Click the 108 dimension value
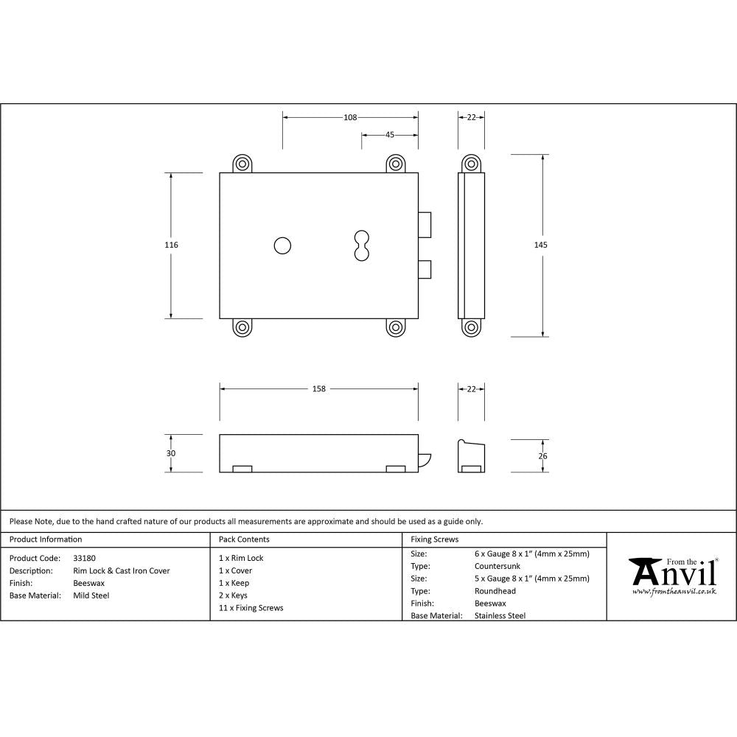350,117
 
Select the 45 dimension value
390,135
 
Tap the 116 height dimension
172,245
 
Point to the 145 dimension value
543,245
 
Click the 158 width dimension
319,388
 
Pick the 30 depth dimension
171,453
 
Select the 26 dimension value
543,456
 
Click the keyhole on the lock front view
361,245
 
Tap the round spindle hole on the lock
282,245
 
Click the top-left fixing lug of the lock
242,164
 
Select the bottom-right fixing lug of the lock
396,327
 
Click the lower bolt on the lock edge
425,270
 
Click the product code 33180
84,558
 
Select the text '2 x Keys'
234,595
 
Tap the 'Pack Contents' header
244,539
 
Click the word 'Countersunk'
497,566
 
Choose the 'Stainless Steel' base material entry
500,615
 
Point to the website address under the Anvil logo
674,591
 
